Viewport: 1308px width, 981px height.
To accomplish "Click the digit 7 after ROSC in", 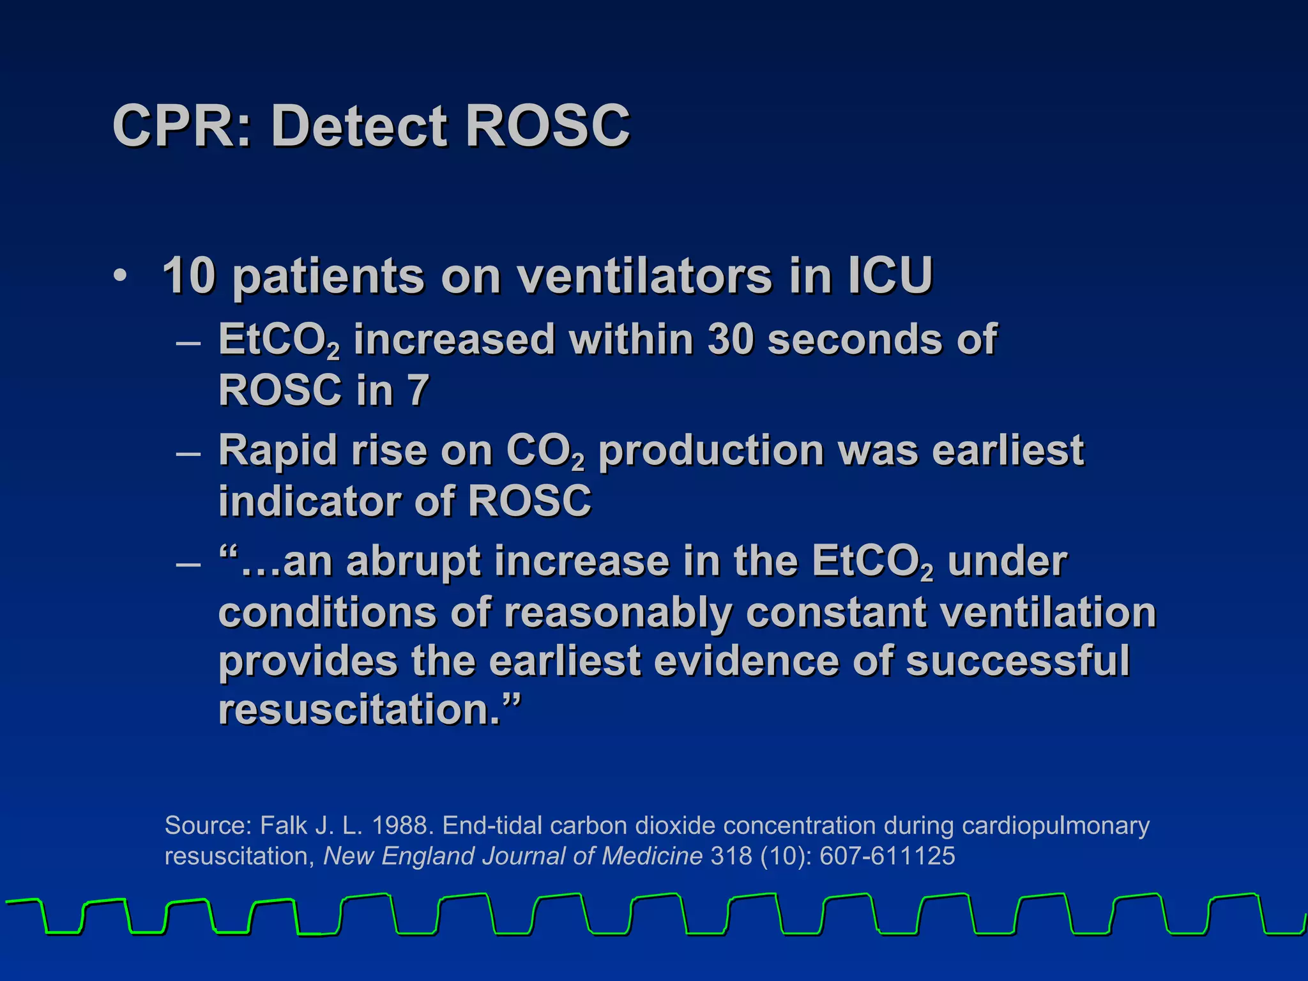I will click(x=418, y=390).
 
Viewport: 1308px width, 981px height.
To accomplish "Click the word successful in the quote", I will click(x=1017, y=660).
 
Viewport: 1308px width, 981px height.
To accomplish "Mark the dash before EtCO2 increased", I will click(x=188, y=342).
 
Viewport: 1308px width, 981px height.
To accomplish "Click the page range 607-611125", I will click(x=887, y=856).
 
